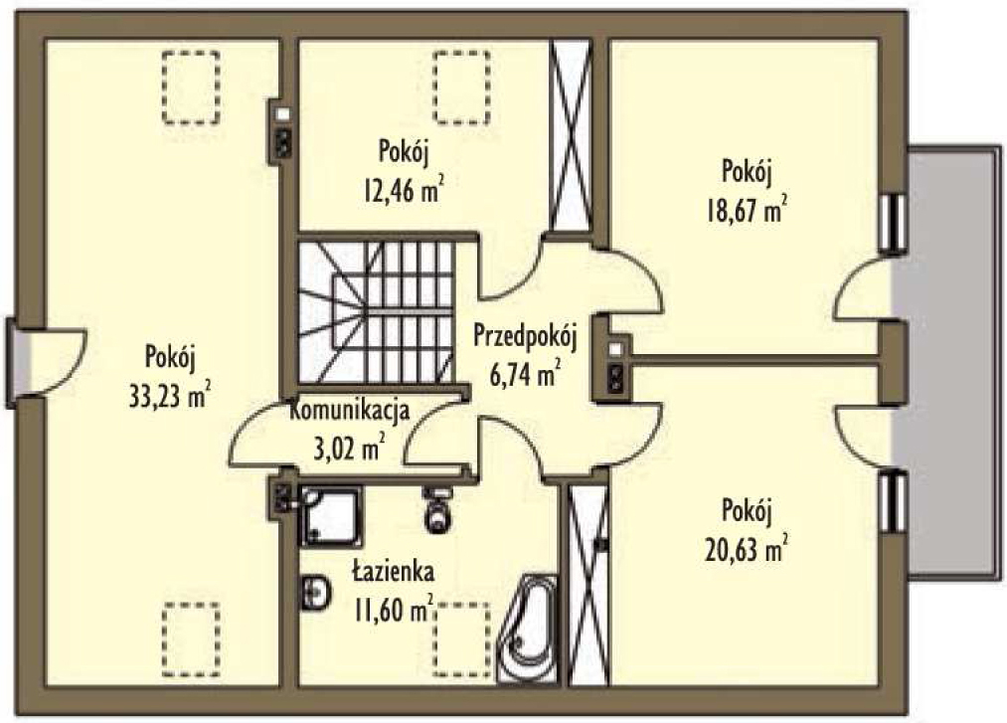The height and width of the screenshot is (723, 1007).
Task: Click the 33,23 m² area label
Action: (170, 396)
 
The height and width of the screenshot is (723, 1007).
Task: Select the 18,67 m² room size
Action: (747, 210)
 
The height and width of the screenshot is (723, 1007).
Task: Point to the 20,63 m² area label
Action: (747, 550)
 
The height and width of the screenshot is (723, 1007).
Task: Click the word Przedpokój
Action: (525, 336)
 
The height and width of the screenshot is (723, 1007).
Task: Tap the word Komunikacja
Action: (350, 410)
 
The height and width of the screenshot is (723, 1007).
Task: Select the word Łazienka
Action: (394, 571)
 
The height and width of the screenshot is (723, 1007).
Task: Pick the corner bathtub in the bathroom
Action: (528, 628)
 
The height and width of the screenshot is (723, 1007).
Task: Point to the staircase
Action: (377, 312)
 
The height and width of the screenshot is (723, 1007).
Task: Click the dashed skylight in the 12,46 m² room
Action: (462, 87)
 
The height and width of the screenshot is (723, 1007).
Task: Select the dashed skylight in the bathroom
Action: (462, 638)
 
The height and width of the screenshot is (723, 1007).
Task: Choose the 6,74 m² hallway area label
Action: (525, 374)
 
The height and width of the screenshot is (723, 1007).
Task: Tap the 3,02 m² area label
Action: (350, 448)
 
